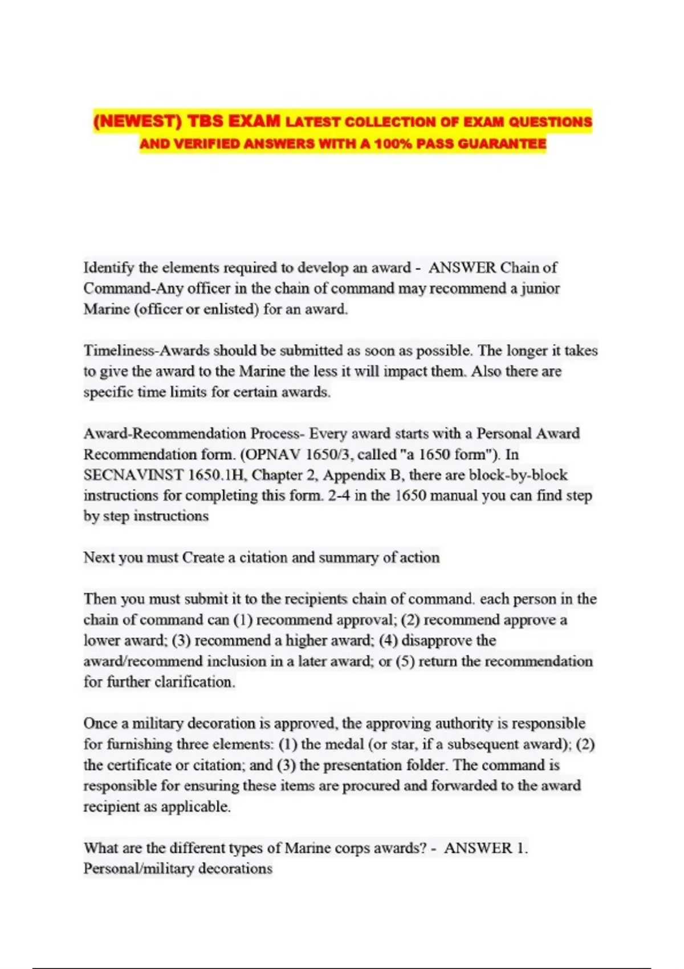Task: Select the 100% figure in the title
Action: (392, 144)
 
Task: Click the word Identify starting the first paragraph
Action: (108, 267)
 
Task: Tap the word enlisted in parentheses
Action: (230, 310)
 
